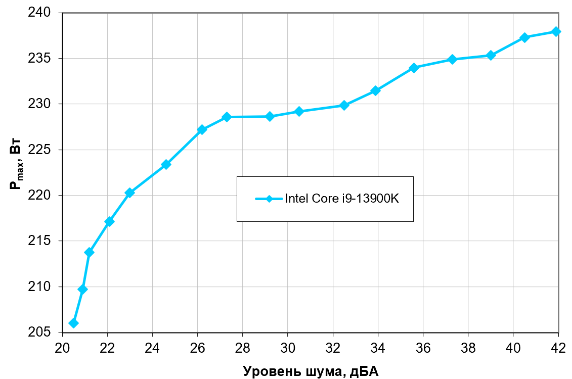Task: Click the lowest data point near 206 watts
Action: pos(73,323)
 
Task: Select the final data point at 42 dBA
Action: pos(556,31)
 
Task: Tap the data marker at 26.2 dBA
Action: pos(202,129)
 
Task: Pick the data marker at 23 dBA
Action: pos(129,193)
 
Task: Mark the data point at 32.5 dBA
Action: pos(344,105)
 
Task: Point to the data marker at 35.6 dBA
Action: pos(414,68)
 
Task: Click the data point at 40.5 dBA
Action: pos(524,37)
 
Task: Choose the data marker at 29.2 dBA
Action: pos(270,116)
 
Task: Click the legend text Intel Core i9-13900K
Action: pos(342,199)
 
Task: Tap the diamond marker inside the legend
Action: pos(269,199)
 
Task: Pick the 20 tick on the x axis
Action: pos(62,348)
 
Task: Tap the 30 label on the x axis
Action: pos(287,348)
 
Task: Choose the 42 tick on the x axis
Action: pos(558,348)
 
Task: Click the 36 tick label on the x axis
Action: pos(423,348)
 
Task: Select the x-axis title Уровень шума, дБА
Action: pos(311,371)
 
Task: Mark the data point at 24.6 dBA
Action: pos(166,164)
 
